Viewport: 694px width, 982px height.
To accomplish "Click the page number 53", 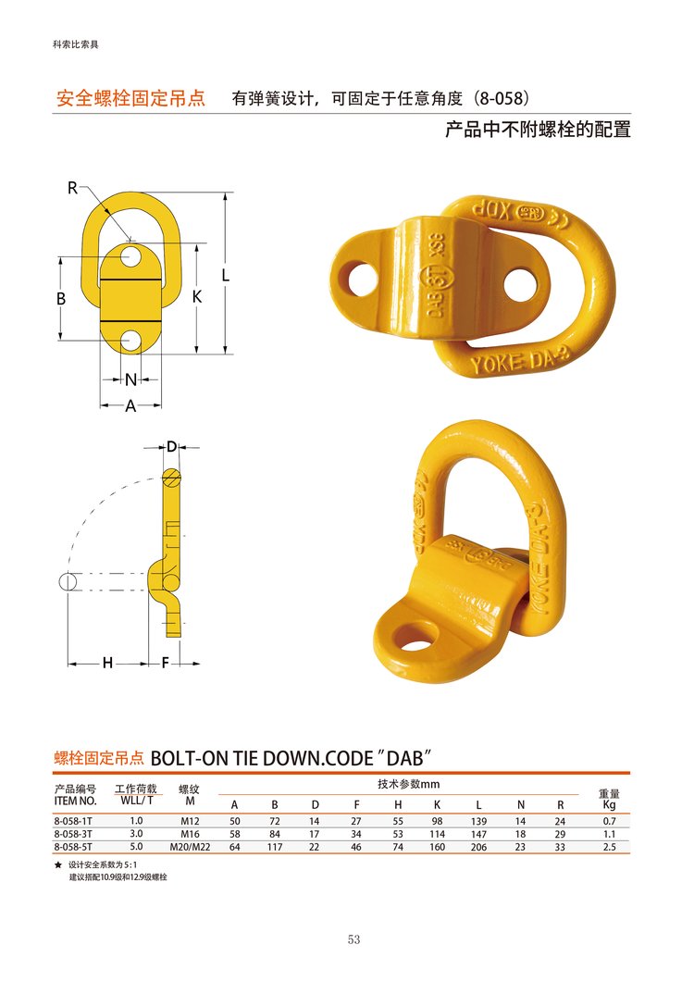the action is pyautogui.click(x=353, y=938).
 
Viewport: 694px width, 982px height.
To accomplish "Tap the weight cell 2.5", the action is pyautogui.click(x=609, y=847).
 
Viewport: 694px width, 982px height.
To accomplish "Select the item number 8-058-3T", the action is pyautogui.click(x=73, y=834).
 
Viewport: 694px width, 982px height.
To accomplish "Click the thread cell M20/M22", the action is pyautogui.click(x=190, y=847).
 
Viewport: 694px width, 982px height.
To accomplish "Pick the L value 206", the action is pyautogui.click(x=478, y=847).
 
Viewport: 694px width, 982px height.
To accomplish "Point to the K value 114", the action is pyautogui.click(x=437, y=834).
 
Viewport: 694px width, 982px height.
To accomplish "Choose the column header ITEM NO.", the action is pyautogui.click(x=75, y=801).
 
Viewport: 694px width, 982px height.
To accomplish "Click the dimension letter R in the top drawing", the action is pyautogui.click(x=73, y=187).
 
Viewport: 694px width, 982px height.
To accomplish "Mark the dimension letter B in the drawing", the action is pyautogui.click(x=61, y=298).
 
